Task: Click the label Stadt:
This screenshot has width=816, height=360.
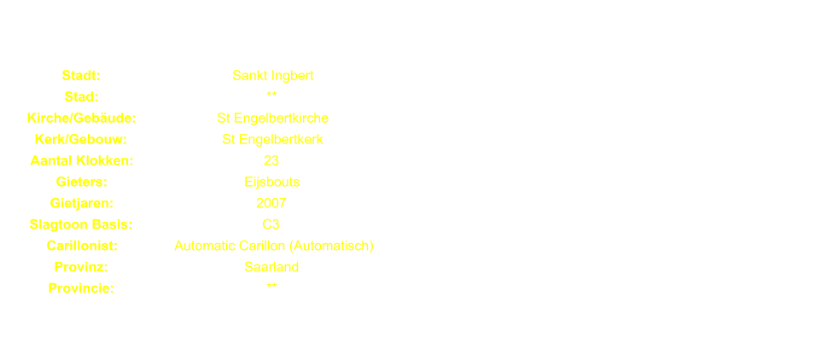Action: pos(81,76)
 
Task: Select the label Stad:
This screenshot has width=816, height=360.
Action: pos(81,97)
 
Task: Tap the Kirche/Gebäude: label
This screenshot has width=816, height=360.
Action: pos(81,119)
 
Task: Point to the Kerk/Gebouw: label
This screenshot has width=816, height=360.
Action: pos(81,140)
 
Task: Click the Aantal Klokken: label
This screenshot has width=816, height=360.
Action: pos(81,161)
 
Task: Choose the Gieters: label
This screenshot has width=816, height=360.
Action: pos(81,183)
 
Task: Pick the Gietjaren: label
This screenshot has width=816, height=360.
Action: pos(81,204)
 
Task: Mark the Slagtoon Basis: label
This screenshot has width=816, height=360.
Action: pos(81,225)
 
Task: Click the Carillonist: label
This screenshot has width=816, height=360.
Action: pos(81,247)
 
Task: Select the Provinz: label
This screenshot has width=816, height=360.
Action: pos(81,268)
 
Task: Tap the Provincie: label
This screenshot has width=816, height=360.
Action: pos(81,289)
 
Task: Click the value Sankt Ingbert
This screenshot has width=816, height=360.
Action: pos(272,76)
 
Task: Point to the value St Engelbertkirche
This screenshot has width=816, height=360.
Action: pos(272,119)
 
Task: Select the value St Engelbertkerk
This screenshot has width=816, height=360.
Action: pos(272,140)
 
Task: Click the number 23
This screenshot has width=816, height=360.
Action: pos(271,161)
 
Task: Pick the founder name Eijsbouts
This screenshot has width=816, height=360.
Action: pos(271,183)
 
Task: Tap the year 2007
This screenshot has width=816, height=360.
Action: pos(271,204)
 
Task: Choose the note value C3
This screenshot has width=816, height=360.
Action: pos(271,225)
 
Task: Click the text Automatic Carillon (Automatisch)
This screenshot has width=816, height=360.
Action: pos(273,247)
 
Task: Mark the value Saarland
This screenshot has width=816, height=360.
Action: pos(271,268)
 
